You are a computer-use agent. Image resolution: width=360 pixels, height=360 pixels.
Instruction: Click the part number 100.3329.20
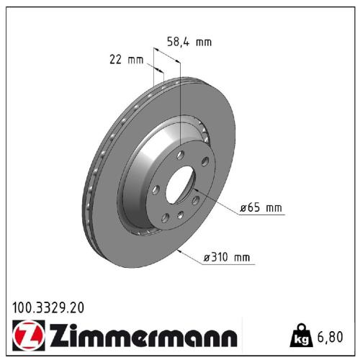[48, 307]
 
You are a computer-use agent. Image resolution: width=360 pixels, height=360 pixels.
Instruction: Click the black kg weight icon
[303, 335]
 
